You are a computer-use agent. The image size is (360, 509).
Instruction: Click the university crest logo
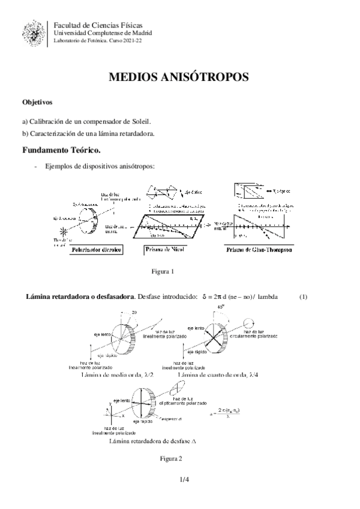click(x=34, y=34)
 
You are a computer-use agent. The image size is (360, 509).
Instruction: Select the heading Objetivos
click(x=37, y=103)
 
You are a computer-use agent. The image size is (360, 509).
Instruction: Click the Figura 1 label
click(x=163, y=271)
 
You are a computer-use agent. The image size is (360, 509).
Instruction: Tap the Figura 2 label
click(x=170, y=458)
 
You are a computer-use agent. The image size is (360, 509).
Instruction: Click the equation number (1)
click(x=303, y=297)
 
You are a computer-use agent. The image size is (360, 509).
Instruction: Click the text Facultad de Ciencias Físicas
click(x=98, y=25)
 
